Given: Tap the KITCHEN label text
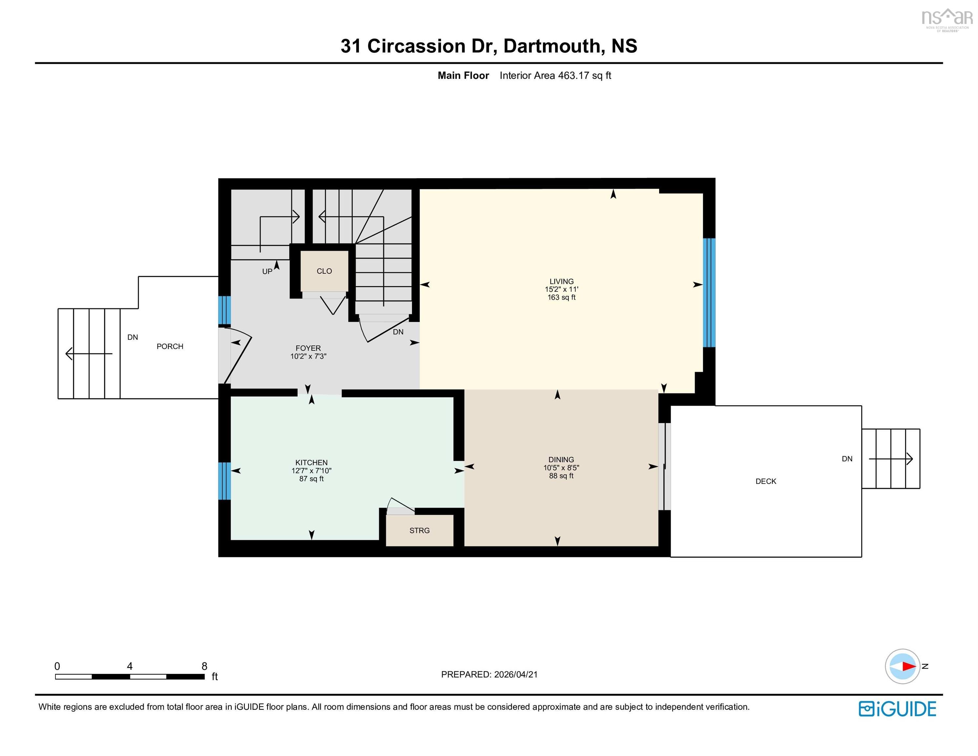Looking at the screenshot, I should point(311,463).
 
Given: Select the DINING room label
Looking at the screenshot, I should point(561,459).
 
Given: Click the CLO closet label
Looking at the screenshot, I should point(324,271).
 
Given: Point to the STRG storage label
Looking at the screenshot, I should point(419,530).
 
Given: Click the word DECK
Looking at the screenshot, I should point(766,481).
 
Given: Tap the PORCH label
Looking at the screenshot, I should point(170,346).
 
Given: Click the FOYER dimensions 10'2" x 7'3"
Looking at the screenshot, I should point(308,356).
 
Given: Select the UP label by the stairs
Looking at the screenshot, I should point(267,271).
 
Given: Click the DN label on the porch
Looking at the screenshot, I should point(133,337).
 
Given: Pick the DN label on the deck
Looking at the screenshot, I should point(847,459).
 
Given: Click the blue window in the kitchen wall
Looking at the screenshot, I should point(224,481).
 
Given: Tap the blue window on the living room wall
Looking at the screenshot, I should point(709,292).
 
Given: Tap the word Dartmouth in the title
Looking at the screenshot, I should point(552,46).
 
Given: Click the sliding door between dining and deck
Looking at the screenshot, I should point(664,466).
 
